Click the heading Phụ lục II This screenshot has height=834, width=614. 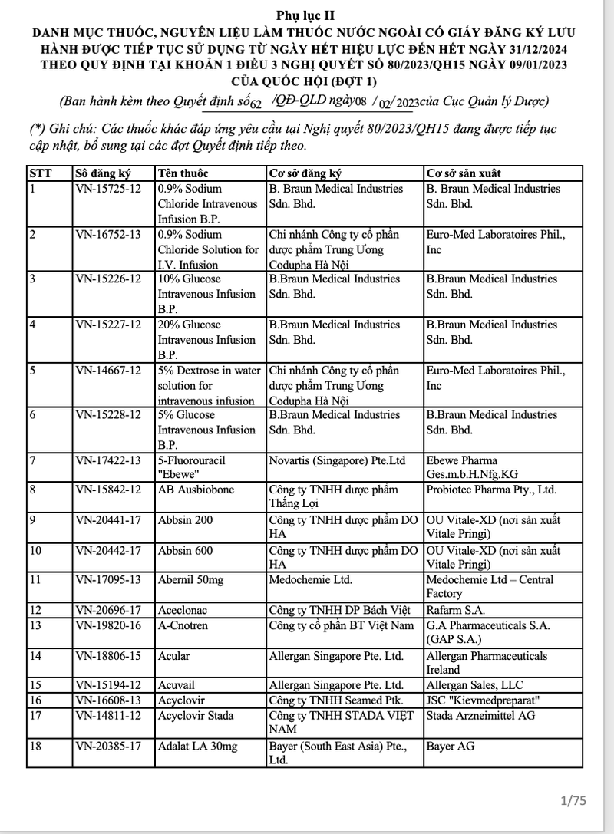pos(306,15)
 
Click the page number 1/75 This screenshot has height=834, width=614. pos(573,801)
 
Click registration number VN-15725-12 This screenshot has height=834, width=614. pos(108,189)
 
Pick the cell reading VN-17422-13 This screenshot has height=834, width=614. pos(108,460)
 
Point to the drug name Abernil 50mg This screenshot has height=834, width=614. pos(190,580)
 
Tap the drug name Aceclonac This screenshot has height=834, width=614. pos(183,610)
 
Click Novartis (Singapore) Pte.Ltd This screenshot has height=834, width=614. pos(337,460)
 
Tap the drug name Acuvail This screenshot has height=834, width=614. pos(178,685)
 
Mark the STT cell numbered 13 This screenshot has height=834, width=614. pos(35,625)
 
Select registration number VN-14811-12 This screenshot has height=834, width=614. pos(108,716)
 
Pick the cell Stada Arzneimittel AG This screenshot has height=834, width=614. pos(480,716)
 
